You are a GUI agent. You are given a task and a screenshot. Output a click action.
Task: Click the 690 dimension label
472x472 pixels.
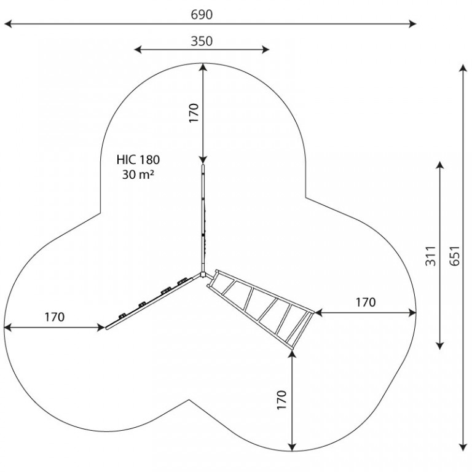(x=202, y=15)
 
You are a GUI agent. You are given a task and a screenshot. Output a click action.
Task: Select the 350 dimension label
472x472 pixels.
(x=202, y=41)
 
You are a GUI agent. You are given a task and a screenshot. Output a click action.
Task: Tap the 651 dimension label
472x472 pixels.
(x=455, y=256)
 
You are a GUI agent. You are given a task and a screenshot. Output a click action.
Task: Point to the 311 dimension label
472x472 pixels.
(x=431, y=256)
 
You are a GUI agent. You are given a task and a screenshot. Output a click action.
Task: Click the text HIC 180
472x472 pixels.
(x=138, y=160)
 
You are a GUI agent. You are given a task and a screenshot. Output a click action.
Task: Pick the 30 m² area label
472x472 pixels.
(x=138, y=175)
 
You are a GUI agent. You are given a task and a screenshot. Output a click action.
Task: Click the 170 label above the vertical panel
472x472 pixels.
(x=194, y=113)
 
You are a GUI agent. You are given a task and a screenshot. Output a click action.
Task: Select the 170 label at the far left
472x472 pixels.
(x=55, y=317)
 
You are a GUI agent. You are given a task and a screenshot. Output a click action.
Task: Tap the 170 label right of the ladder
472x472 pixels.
(x=366, y=302)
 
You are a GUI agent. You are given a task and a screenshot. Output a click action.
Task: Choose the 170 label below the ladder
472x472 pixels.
(x=281, y=399)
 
